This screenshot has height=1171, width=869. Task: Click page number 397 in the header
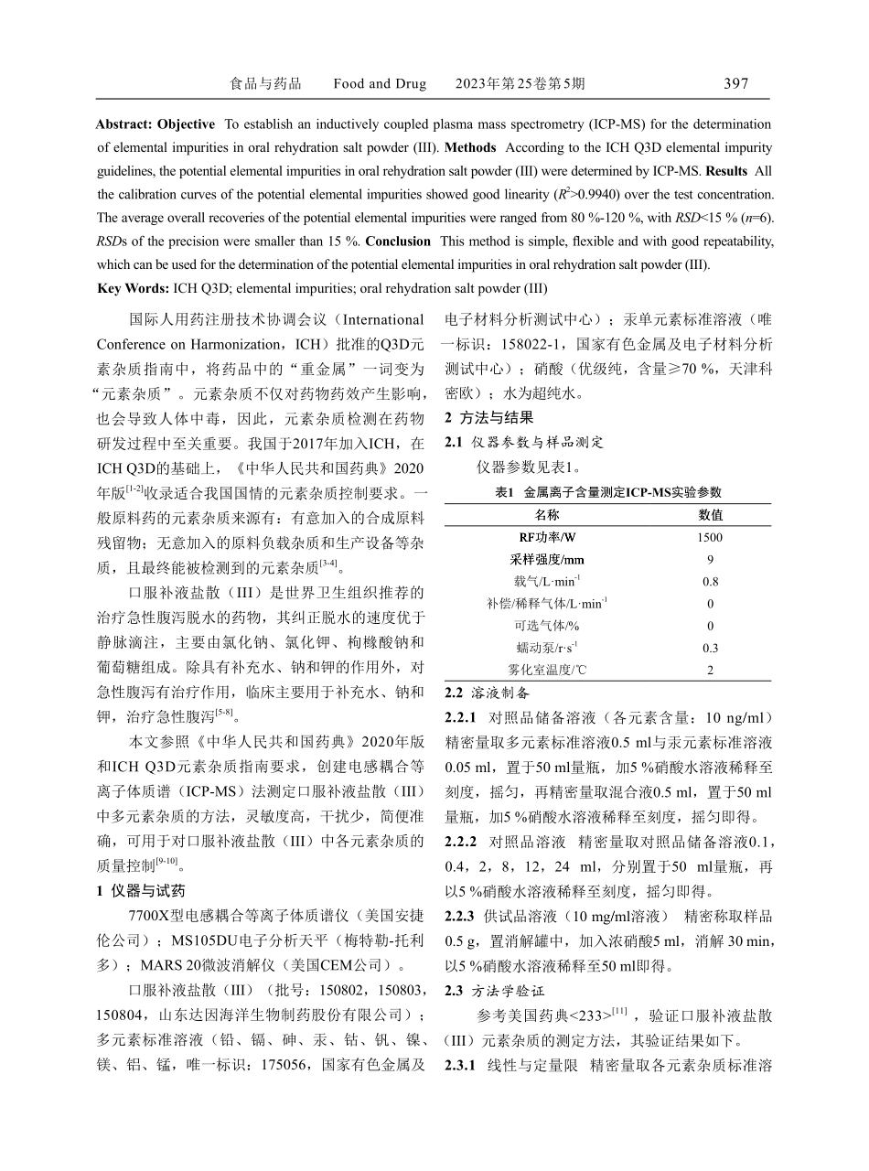(x=735, y=84)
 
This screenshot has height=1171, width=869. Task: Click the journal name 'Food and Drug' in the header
(x=380, y=84)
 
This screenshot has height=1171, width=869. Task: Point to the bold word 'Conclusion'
(x=398, y=242)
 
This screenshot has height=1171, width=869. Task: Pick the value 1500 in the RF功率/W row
(x=710, y=538)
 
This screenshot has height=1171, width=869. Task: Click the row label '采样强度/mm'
(x=548, y=560)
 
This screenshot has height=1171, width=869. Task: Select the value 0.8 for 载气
(x=710, y=582)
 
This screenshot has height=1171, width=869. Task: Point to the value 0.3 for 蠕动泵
(x=710, y=648)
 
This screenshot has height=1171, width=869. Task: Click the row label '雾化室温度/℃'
(x=548, y=670)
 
